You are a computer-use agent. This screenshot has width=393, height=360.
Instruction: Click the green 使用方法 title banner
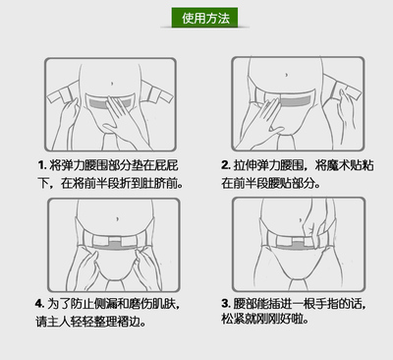204,18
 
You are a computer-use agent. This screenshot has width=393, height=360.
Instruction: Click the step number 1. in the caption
42,164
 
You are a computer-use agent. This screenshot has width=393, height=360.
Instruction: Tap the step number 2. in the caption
226,164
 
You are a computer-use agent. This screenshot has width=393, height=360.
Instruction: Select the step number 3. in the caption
226,303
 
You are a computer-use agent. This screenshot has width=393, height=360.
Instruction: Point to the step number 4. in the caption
39,303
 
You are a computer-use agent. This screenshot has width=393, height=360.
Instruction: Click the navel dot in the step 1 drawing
112,84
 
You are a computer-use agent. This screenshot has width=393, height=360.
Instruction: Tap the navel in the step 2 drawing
287,75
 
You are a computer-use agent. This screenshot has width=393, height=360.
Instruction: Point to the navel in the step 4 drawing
117,218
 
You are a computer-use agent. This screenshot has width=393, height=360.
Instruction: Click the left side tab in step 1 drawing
61,94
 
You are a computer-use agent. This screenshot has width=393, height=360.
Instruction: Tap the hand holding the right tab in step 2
346,111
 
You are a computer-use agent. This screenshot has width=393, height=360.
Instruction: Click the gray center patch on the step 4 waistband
114,243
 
